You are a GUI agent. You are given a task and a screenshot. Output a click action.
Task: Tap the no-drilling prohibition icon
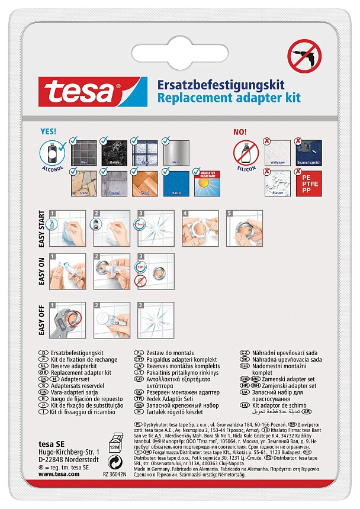pos(303,56)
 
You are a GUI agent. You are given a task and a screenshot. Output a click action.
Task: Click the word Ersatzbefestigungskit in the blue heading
pos(219,85)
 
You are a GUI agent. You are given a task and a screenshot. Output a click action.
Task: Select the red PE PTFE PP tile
pos(308,183)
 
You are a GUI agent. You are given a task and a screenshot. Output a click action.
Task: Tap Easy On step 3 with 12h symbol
pos(155,273)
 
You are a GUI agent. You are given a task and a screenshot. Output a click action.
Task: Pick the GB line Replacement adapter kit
pos(82,373)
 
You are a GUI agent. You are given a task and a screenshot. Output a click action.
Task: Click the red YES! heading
pos(49,131)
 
